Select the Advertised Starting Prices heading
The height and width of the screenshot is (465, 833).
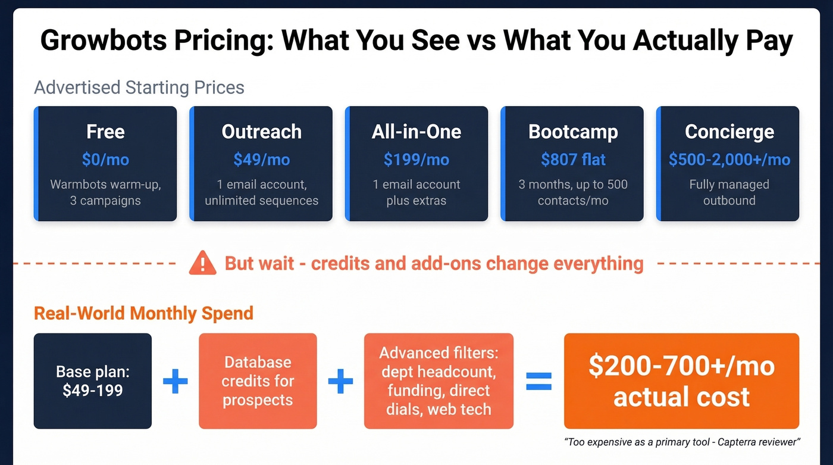tap(139, 88)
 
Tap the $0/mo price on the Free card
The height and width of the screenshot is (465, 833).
tap(105, 160)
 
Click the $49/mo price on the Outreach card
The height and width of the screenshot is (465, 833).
tap(261, 160)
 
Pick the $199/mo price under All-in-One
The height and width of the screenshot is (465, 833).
tap(416, 160)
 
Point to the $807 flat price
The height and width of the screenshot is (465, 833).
tap(572, 160)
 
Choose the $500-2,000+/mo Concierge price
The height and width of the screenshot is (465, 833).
tap(729, 160)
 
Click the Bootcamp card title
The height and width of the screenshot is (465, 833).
tap(572, 132)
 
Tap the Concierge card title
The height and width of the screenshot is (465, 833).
tap(729, 132)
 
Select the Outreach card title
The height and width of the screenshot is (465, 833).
tap(261, 132)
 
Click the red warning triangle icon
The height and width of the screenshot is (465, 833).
tap(202, 263)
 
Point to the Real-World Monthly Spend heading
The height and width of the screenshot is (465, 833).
tap(143, 313)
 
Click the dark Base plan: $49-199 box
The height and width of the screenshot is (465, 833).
tap(93, 381)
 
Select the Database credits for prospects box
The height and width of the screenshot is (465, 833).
tap(258, 381)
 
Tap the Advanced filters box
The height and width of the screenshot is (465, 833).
tap(439, 381)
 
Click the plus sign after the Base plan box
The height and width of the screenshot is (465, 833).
tap(176, 381)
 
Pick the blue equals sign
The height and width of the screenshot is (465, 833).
tap(539, 381)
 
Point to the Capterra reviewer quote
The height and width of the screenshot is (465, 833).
tap(682, 442)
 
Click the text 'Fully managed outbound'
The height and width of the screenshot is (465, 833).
tap(729, 192)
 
